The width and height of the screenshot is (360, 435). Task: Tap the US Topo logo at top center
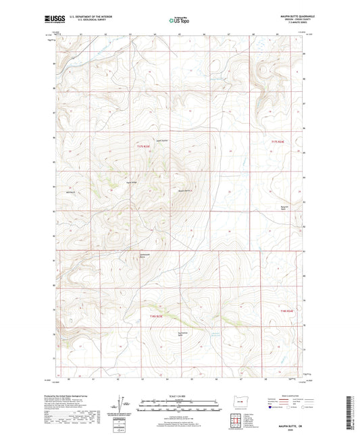pos(179,20)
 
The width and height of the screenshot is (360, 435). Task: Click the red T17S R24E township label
pos(279,143)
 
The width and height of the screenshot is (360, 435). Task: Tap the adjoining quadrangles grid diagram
pos(236,423)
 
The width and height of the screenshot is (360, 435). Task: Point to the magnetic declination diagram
pos(122,405)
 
